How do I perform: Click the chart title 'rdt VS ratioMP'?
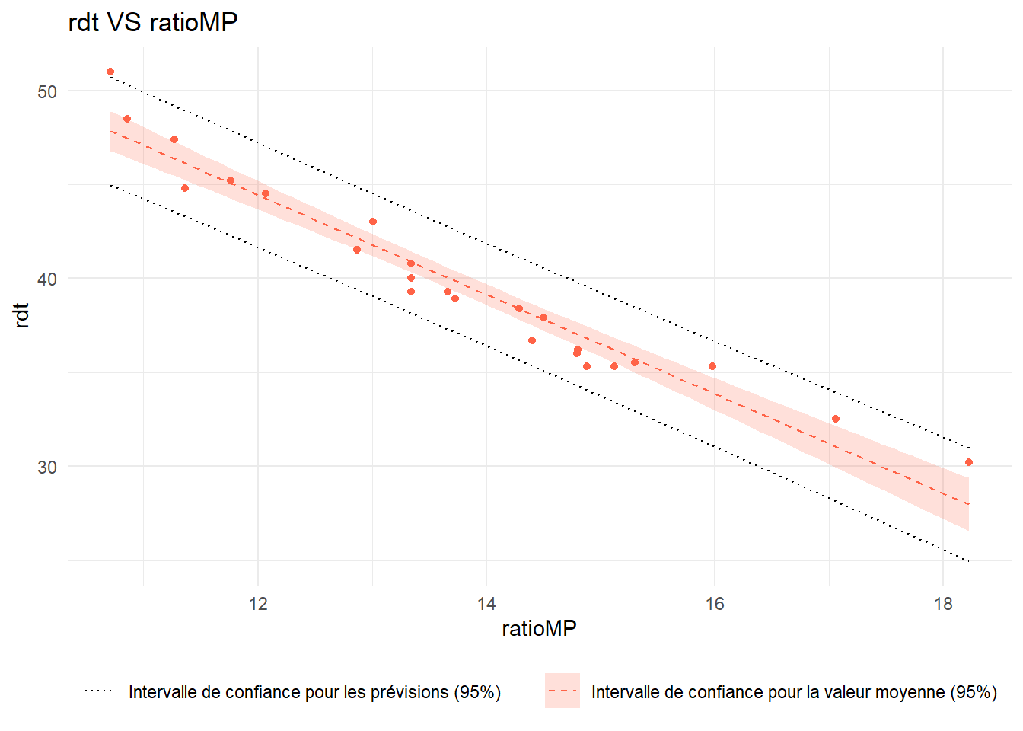[x=152, y=23]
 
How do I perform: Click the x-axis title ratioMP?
[x=539, y=628]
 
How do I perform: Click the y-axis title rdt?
[x=22, y=315]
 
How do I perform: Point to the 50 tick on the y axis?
[x=47, y=91]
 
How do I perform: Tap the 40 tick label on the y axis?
[x=47, y=279]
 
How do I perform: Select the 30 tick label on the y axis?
[x=47, y=467]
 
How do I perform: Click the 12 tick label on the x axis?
[x=258, y=604]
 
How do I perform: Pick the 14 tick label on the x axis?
[x=486, y=604]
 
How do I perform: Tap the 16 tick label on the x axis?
[x=714, y=604]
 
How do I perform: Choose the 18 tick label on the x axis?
[x=942, y=604]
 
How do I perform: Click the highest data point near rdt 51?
[x=110, y=72]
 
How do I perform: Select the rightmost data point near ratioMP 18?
[x=968, y=462]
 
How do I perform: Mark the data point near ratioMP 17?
[x=835, y=419]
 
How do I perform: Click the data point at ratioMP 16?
[x=712, y=366]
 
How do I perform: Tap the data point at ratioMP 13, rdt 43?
[x=373, y=222]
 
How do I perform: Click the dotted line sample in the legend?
[x=98, y=691]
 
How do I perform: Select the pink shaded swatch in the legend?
[x=562, y=691]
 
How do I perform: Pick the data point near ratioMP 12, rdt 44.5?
[x=266, y=193]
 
